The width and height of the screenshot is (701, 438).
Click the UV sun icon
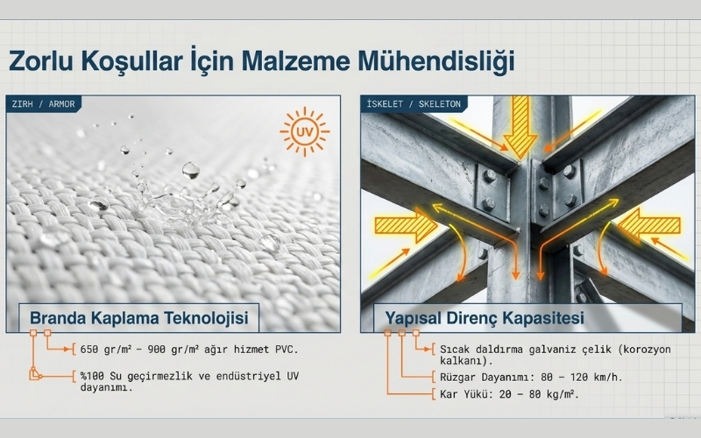tap(305, 131)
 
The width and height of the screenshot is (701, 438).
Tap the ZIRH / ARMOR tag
tap(43, 104)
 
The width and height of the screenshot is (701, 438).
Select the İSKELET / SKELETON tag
tap(414, 104)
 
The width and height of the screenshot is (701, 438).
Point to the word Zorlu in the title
tap(40, 60)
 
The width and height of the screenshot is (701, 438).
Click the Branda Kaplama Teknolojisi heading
tap(139, 318)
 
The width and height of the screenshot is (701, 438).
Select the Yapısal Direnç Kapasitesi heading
tap(485, 318)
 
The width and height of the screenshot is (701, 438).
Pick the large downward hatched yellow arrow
tap(520, 126)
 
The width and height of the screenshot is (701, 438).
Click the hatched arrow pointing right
tap(406, 224)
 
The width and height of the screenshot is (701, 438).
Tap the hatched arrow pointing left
tap(648, 224)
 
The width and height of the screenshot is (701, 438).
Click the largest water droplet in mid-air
tap(191, 170)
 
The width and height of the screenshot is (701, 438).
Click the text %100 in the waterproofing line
tap(92, 376)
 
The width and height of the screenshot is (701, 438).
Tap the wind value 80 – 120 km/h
tap(581, 377)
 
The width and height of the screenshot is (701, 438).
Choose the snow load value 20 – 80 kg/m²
tap(539, 394)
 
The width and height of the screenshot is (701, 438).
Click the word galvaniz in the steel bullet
tap(554, 349)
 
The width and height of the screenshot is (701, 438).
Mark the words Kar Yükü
tap(467, 394)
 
